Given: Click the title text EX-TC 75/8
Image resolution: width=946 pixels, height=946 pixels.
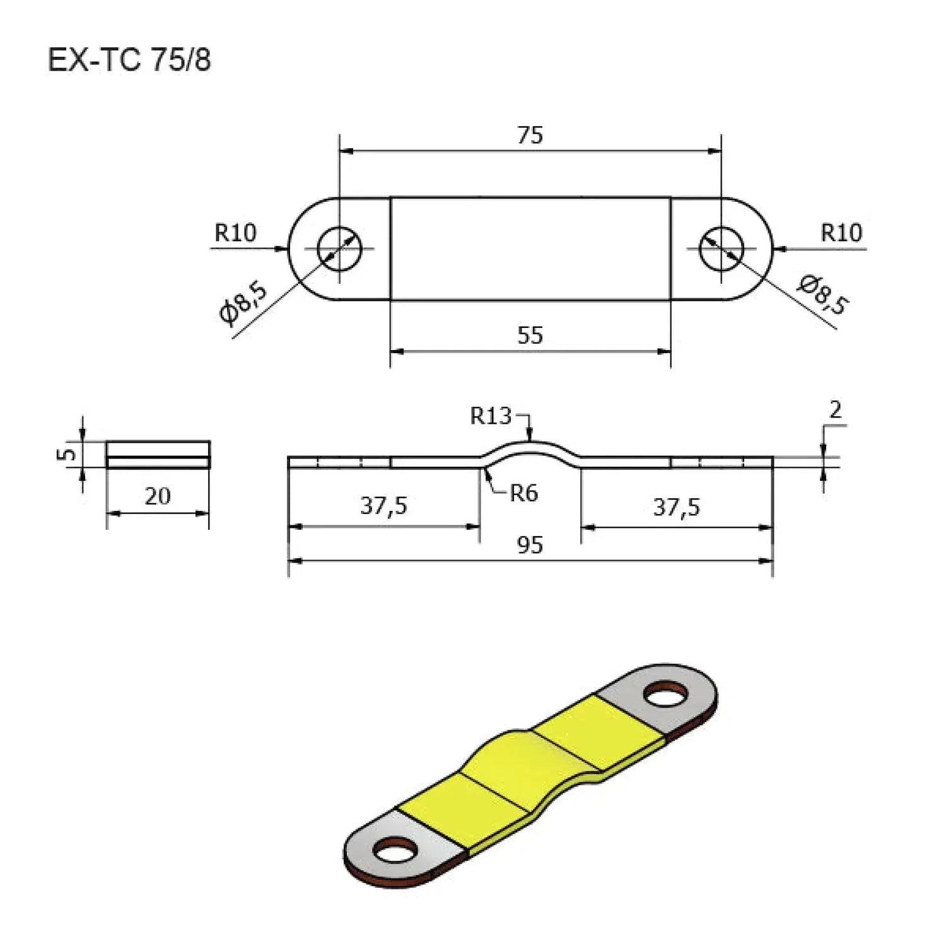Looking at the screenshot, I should point(129,61).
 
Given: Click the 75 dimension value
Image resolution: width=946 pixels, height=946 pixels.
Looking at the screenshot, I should point(530,135).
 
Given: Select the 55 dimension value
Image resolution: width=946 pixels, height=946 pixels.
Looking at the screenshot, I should point(530,335).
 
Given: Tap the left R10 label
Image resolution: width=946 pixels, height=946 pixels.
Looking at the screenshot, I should point(235,233).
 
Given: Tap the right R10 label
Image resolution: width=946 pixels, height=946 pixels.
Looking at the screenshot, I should point(841,233).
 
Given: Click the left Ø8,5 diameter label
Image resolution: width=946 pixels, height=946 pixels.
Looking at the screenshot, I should point(243,303).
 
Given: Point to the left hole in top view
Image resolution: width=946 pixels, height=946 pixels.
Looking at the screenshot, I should point(339,248).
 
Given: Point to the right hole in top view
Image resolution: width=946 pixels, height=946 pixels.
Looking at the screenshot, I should point(721,248).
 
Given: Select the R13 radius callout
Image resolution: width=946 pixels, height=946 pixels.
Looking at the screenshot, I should point(491,416).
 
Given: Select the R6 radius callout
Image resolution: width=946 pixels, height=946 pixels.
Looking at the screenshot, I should point(523,493).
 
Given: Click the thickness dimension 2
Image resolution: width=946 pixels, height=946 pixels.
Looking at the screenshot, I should point(835,411).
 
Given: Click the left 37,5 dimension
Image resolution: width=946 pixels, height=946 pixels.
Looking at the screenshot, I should point(383,506).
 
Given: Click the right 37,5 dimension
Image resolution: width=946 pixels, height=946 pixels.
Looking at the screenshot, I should point(676,506).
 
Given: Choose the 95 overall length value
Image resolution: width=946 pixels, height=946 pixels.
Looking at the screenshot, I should point(530,545).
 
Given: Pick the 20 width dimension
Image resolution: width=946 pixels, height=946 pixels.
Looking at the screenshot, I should point(157,496).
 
